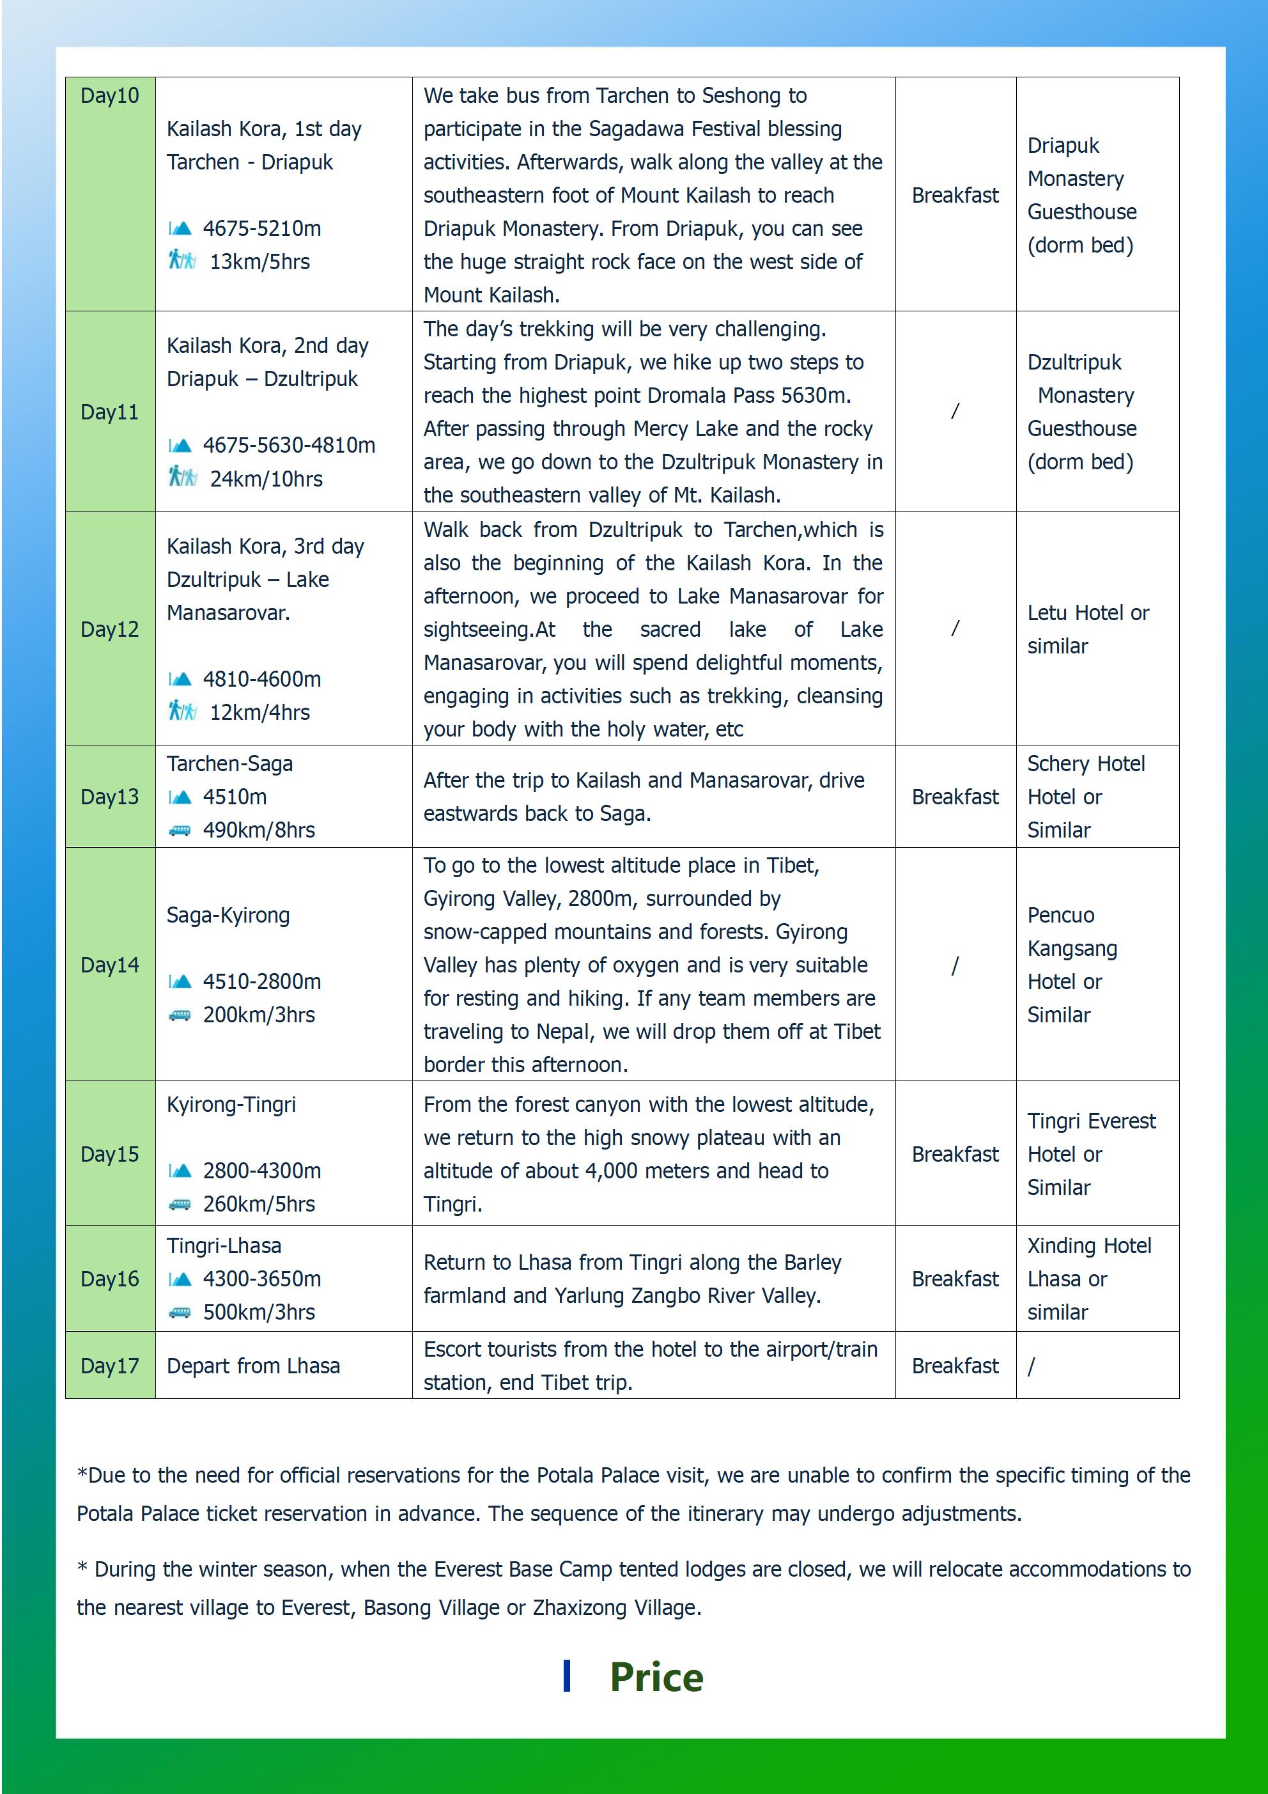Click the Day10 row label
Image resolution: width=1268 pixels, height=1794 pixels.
pos(109,96)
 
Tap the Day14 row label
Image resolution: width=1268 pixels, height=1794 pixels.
pos(109,965)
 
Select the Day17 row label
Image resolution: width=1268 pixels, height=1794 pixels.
pos(109,1366)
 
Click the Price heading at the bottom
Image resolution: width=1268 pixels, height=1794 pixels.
pos(656,1677)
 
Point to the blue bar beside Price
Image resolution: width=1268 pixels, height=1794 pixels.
pos(566,1676)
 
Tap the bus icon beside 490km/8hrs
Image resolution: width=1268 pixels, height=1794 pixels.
pos(180,831)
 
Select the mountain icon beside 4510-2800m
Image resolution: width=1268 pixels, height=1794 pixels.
pos(180,981)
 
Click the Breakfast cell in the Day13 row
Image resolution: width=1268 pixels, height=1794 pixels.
pos(955,797)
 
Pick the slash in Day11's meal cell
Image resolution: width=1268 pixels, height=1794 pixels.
pos(955,412)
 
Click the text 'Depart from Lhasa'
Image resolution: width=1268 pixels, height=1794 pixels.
pos(253,1366)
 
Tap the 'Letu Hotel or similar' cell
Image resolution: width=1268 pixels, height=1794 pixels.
pos(1088,629)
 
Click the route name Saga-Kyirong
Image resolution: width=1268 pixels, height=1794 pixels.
pos(228,915)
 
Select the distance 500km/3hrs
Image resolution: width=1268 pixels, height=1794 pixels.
pos(259,1312)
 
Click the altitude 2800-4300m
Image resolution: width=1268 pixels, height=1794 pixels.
pos(262,1171)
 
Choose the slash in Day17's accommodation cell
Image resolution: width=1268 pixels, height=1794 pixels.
pos(1032,1366)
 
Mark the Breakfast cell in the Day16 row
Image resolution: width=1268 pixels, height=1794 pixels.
pos(955,1279)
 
